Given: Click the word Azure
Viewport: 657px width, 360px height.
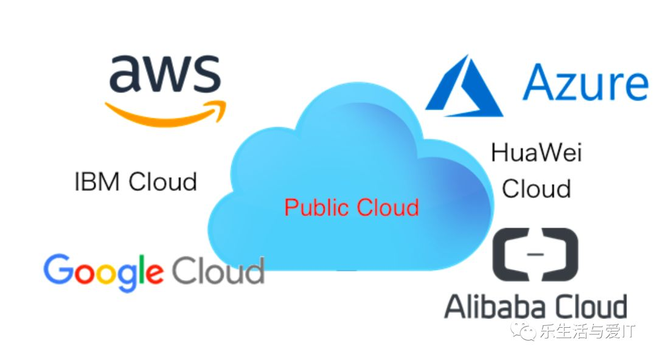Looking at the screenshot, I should [585, 84].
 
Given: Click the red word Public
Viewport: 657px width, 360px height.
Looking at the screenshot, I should [317, 207].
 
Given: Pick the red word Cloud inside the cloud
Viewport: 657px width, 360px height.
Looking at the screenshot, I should [388, 207].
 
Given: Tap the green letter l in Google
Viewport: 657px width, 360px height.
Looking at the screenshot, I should [142, 268].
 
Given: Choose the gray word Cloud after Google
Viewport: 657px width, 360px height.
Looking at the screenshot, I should [218, 271].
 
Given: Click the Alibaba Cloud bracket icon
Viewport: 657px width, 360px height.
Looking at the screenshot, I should [535, 255].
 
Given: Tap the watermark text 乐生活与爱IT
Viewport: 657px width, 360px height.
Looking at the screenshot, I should [586, 331].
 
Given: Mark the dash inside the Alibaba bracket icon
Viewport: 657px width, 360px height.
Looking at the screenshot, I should [535, 255].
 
